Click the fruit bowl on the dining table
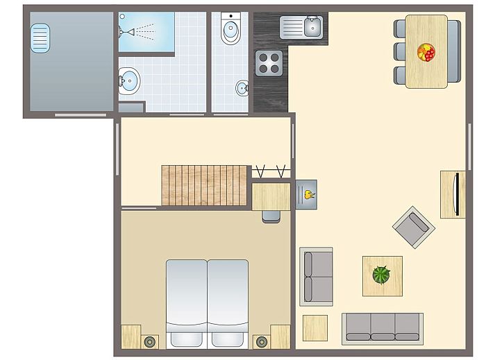pyautogui.click(x=426, y=52)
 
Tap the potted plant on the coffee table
pyautogui.click(x=381, y=275)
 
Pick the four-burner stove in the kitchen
pyautogui.click(x=269, y=63)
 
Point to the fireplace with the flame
pyautogui.click(x=307, y=194)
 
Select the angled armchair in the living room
pyautogui.click(x=413, y=227)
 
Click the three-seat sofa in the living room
pyautogui.click(x=382, y=327)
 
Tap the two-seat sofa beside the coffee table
pyautogui.click(x=316, y=276)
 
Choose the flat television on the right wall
pyautogui.click(x=456, y=194)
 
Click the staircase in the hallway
pyautogui.click(x=204, y=185)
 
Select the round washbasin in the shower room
pyautogui.click(x=128, y=81)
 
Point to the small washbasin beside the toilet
pyautogui.click(x=242, y=88)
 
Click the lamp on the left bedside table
pyautogui.click(x=149, y=341)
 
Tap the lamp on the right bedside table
pyautogui.click(x=261, y=341)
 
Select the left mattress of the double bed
pyautogui.click(x=186, y=298)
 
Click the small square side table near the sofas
pyautogui.click(x=314, y=327)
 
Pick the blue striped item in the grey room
pyautogui.click(x=40, y=37)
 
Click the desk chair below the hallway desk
pyautogui.click(x=271, y=216)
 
